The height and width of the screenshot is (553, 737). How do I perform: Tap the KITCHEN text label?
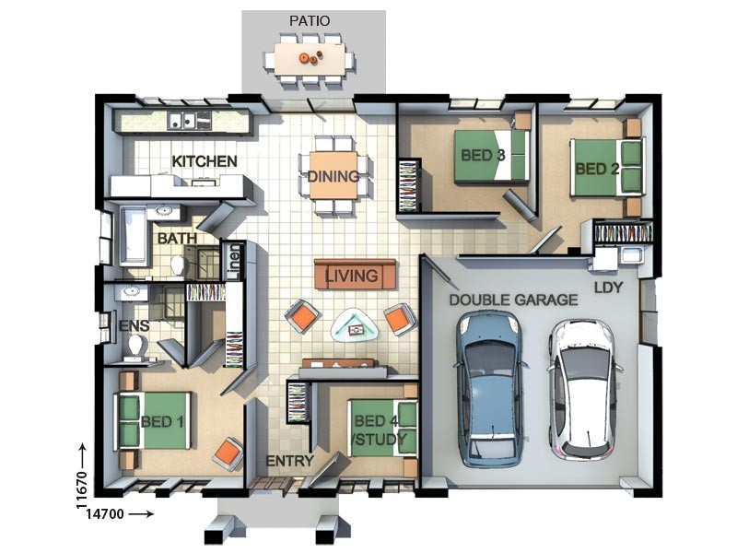pyautogui.click(x=205, y=161)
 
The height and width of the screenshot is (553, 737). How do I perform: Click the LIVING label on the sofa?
pyautogui.click(x=352, y=275)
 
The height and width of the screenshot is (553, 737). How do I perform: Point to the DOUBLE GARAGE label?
pyautogui.click(x=513, y=300)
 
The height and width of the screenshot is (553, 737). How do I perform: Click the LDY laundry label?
pyautogui.click(x=609, y=288)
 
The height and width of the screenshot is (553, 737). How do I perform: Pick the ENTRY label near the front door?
pyautogui.click(x=289, y=461)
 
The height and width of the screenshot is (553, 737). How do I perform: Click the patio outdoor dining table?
pyautogui.click(x=310, y=59)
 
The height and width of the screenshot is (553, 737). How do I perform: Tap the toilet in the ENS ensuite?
pyautogui.click(x=137, y=345)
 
